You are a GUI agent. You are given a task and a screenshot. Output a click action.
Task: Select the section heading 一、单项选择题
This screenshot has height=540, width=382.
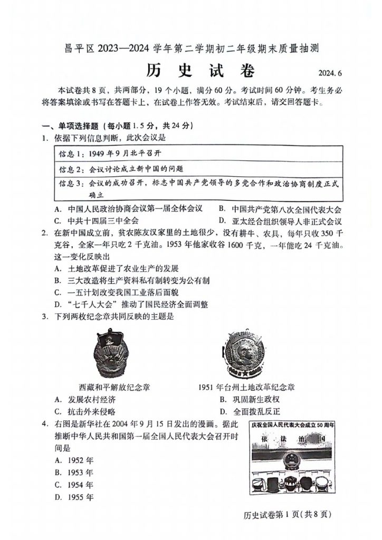coord(75,126)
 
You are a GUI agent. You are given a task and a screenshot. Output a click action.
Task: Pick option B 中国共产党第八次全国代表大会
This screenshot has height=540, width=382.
coord(280,208)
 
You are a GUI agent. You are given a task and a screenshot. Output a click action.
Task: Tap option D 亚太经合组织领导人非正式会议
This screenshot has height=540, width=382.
coord(280,221)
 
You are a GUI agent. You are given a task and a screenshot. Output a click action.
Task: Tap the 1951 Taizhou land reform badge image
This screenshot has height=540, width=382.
coord(245,353)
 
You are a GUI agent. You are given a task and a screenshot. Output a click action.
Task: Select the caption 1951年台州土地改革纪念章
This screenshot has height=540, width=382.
coord(246,387)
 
